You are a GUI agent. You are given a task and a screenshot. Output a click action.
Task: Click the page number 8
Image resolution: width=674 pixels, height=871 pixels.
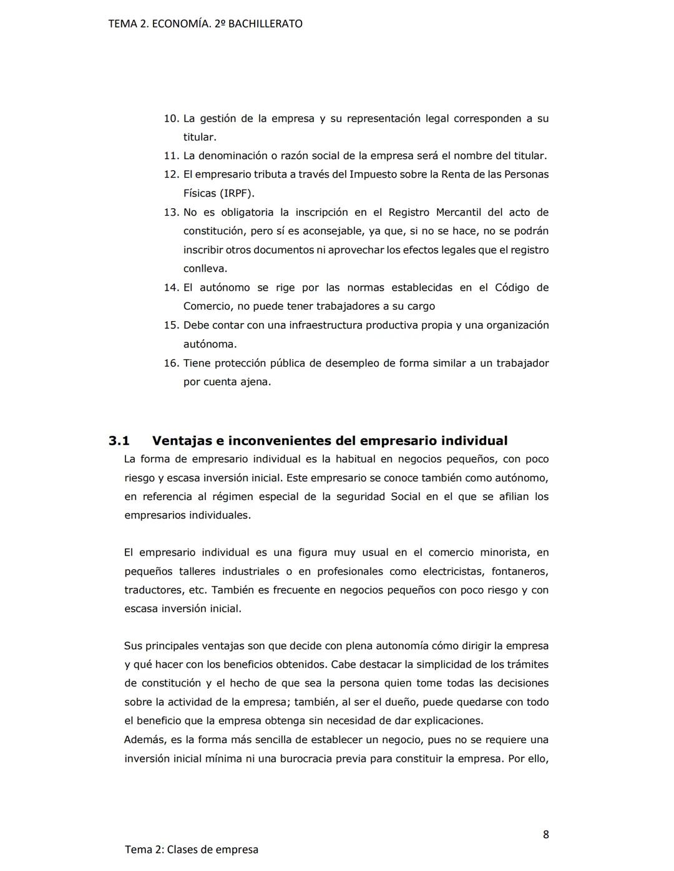point(545,834)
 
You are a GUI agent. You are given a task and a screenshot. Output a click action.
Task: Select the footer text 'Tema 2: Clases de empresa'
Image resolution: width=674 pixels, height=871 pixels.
point(191,849)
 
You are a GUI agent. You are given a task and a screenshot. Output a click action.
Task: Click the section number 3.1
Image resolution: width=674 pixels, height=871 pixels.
point(119,441)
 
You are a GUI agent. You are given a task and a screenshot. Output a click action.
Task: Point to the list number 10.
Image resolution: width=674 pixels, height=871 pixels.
point(171,118)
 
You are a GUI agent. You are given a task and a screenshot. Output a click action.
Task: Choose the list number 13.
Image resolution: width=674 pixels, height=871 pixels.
point(171,213)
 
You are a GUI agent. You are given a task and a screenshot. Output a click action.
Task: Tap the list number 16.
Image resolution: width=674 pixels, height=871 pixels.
point(171,363)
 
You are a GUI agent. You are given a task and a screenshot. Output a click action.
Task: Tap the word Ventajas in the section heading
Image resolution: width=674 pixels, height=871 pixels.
point(181,441)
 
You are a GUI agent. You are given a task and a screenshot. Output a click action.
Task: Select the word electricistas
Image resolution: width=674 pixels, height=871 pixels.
point(453,571)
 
